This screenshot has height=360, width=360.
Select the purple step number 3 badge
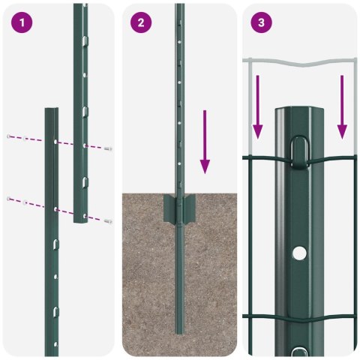coord(260,22)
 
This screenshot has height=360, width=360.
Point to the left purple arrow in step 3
coord(257,105)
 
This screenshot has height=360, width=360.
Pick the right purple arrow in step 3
coord(343,105)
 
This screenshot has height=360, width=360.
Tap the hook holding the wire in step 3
coord(300,148)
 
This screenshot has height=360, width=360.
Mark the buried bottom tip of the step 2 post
coord(179,331)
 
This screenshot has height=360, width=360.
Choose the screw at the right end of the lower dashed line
coord(109,221)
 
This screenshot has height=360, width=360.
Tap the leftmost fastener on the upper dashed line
coord(8,136)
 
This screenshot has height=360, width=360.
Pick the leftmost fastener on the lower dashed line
coord(8,198)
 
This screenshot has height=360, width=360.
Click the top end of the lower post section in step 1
coord(50,110)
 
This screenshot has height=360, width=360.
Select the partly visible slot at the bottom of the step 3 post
coord(300,350)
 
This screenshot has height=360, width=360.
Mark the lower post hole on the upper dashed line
coord(55,141)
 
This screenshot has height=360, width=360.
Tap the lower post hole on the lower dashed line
coord(55,208)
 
